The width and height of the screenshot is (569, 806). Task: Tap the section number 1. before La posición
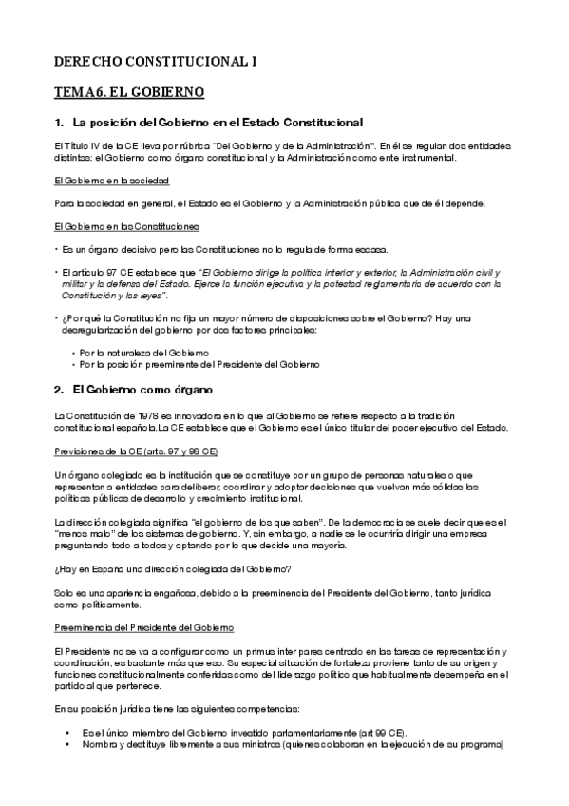tap(59, 122)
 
